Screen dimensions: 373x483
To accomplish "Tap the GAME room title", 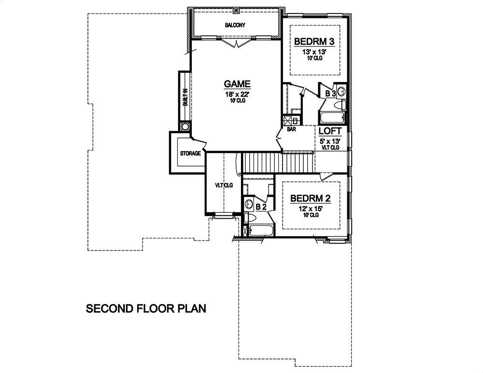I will pyautogui.click(x=237, y=83).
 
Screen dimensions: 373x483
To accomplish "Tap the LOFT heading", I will pyautogui.click(x=331, y=131).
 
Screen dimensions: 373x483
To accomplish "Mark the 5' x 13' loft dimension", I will pyautogui.click(x=331, y=141).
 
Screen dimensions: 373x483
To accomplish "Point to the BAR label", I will pyautogui.click(x=291, y=129).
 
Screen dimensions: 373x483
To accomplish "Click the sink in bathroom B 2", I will pyautogui.click(x=249, y=204).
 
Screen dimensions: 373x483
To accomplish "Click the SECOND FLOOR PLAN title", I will pyautogui.click(x=146, y=308).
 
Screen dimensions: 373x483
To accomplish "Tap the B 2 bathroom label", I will pyautogui.click(x=261, y=207).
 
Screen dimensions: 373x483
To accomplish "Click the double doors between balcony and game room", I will pyautogui.click(x=236, y=43).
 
